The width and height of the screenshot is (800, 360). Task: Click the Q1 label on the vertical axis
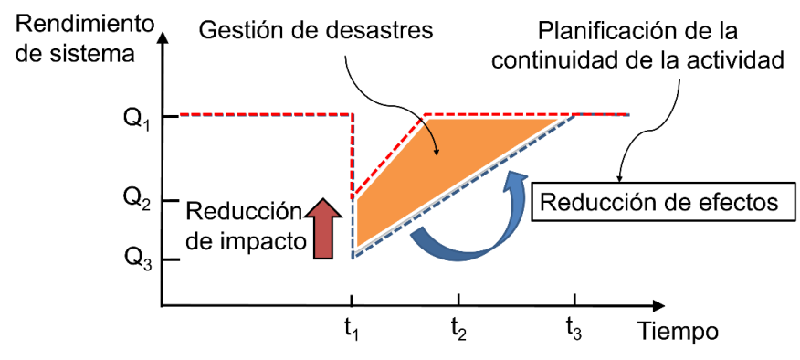(x=137, y=120)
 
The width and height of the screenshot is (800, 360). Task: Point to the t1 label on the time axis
(x=351, y=331)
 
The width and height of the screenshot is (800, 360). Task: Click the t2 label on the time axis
(x=458, y=331)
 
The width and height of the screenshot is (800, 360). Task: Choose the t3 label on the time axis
(x=574, y=331)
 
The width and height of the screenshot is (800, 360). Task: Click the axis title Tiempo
(x=678, y=332)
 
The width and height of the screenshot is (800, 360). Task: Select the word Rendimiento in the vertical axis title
(x=85, y=25)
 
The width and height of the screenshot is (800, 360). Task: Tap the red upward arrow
(x=323, y=228)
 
